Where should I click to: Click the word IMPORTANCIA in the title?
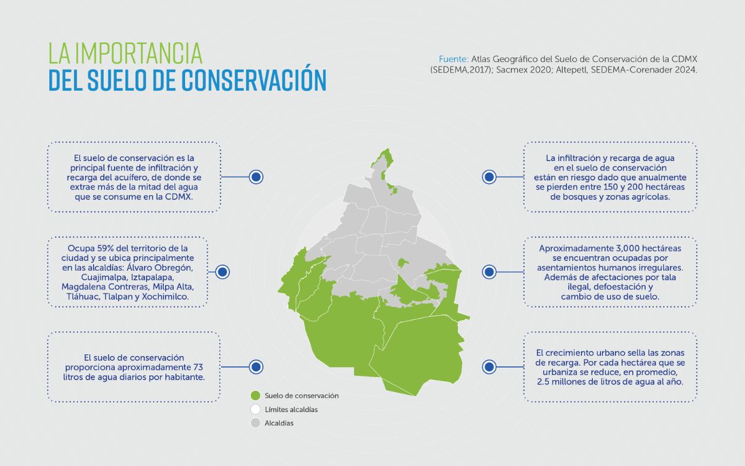[138, 53]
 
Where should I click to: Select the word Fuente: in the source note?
[454, 59]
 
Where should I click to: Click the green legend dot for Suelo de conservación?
[255, 396]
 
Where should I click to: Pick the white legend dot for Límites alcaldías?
[255, 409]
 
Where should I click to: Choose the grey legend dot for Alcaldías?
[255, 423]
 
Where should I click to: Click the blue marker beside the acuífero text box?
[256, 177]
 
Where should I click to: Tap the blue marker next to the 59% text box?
[222, 272]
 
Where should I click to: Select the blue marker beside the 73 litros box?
[256, 367]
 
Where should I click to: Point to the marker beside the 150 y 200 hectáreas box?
[489, 177]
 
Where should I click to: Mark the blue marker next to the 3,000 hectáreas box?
[489, 272]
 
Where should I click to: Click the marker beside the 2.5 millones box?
[489, 367]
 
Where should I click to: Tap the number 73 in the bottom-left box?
[198, 367]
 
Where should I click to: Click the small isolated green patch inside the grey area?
[402, 263]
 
